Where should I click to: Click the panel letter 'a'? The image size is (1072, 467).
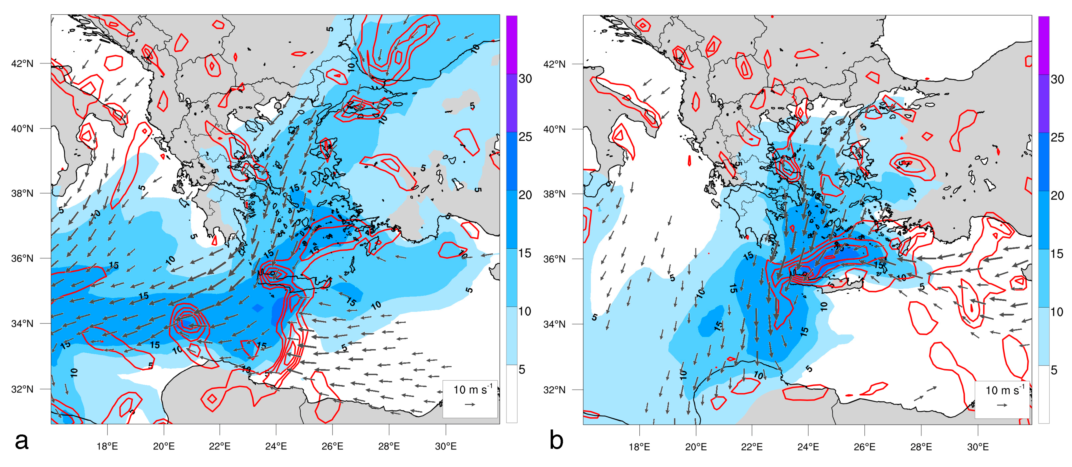click(x=22, y=441)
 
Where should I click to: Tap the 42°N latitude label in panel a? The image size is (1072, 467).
click(x=22, y=64)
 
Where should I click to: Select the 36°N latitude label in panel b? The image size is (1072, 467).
click(x=554, y=259)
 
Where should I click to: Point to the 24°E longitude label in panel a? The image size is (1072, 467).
click(x=276, y=446)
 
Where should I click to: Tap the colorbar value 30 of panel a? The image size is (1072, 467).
click(x=525, y=79)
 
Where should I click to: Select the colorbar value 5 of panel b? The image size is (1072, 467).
click(x=1054, y=370)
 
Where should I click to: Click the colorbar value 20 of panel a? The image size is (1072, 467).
click(x=525, y=195)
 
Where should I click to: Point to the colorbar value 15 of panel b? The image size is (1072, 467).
click(x=1057, y=254)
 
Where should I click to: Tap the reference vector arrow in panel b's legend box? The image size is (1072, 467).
click(x=1002, y=405)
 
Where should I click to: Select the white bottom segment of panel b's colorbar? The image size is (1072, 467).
click(x=1044, y=395)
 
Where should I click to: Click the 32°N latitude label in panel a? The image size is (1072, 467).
click(x=22, y=389)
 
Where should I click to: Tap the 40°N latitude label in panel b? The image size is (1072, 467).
click(x=554, y=129)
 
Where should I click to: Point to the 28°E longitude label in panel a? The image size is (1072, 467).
click(x=389, y=446)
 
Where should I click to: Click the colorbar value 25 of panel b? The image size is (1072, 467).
click(x=1057, y=137)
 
